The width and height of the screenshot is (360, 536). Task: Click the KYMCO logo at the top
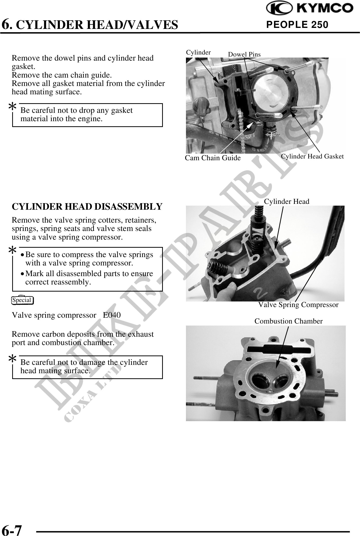[309, 9]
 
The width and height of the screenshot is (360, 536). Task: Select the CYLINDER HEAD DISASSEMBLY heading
[87, 207]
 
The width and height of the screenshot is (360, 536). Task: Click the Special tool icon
[23, 300]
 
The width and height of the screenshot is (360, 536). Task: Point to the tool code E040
[112, 315]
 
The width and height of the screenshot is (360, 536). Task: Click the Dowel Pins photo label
[244, 54]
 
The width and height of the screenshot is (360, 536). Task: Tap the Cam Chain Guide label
[213, 158]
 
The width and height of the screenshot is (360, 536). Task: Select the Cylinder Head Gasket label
[312, 156]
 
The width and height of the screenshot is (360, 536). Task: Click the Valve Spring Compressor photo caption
[298, 305]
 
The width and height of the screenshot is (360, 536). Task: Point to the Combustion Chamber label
[288, 321]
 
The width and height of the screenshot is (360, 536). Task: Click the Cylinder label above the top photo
[198, 52]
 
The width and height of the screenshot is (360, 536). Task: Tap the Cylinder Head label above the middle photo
[287, 202]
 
